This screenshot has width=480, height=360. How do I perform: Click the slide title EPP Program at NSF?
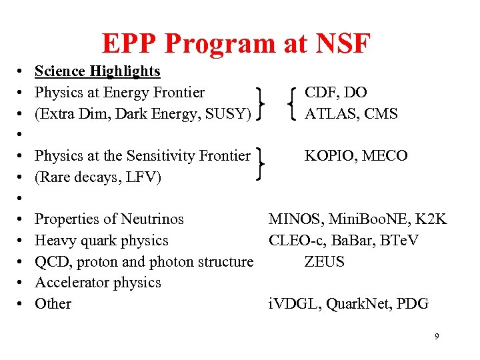tap(236, 43)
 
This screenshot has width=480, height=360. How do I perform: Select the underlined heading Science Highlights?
tap(97, 71)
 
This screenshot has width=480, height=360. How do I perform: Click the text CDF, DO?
tap(335, 92)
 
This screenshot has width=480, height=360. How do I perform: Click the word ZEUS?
tap(324, 262)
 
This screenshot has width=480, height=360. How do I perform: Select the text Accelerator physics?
tap(98, 283)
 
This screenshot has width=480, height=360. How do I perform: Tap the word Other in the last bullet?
tap(53, 304)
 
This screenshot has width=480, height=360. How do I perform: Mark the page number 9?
tap(437, 337)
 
